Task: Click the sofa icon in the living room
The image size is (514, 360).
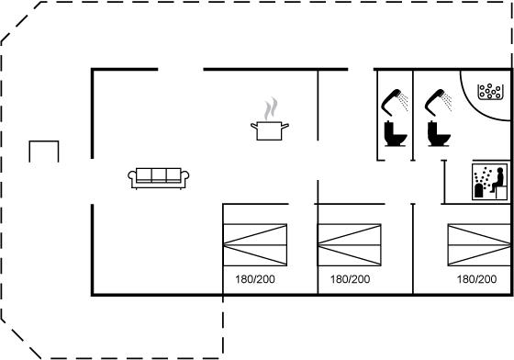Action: coord(158,179)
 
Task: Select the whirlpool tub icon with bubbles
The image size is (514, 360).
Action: coord(490,92)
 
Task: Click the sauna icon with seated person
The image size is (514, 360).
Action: coord(489,182)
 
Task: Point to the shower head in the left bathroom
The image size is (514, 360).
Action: coord(395,102)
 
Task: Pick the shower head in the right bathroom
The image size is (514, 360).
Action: coord(439,102)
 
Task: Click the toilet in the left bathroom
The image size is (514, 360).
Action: coord(396,133)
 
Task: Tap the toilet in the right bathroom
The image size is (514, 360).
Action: coord(439,133)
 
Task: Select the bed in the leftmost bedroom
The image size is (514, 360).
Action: coord(255,244)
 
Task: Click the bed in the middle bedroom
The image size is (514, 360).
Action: coord(350,244)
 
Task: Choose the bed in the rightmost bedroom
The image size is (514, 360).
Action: coord(479,244)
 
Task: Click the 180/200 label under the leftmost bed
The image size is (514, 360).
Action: coord(255,279)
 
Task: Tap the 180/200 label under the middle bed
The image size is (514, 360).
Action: coord(350,279)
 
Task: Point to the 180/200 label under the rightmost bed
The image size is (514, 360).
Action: coord(476,279)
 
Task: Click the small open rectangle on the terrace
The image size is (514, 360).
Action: coord(44,141)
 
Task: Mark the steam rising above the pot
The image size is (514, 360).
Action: coord(271,108)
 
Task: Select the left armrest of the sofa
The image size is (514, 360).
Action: coord(132,176)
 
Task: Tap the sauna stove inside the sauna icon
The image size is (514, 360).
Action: coord(479,191)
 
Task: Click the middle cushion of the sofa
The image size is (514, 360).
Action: coord(159,174)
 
